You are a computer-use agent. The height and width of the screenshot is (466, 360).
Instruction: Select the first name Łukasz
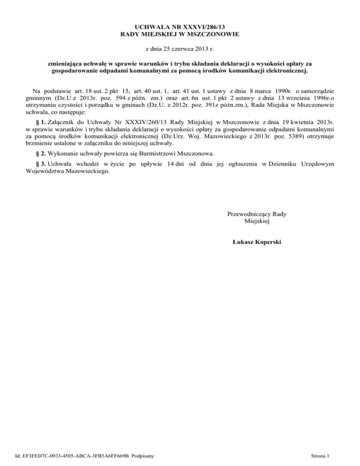pyautogui.click(x=242, y=242)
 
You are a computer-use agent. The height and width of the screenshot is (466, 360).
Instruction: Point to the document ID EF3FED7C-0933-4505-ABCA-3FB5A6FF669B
pyautogui.click(x=76, y=456)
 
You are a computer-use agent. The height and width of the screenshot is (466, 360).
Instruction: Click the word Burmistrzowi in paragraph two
pyautogui.click(x=153, y=154)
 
